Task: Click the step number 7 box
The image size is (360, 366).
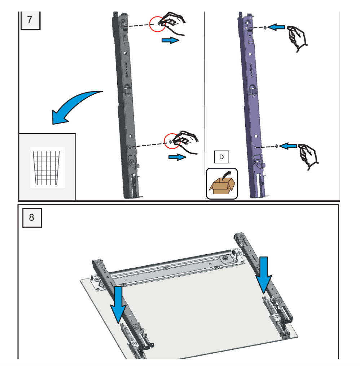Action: [x=30, y=20]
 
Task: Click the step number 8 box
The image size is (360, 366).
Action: [x=32, y=218]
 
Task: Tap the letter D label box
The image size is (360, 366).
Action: [x=221, y=157]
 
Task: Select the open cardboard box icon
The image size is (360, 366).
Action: [x=222, y=183]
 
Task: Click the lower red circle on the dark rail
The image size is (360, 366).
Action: [x=172, y=141]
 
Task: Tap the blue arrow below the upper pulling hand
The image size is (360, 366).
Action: [x=170, y=40]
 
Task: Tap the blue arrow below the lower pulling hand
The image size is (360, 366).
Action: [x=177, y=157]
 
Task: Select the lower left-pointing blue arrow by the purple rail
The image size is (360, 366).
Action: [x=288, y=146]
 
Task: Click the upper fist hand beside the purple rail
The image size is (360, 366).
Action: [x=298, y=38]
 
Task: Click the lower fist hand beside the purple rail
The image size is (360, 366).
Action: [x=308, y=155]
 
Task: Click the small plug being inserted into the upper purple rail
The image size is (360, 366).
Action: [x=265, y=27]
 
